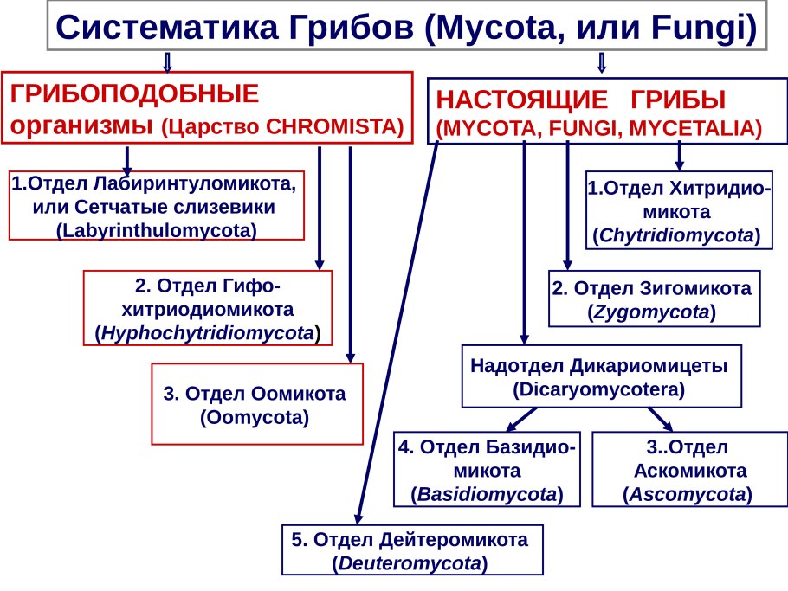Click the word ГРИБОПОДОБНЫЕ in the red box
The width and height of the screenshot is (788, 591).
tap(134, 93)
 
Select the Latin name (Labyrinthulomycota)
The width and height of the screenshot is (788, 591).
tap(157, 230)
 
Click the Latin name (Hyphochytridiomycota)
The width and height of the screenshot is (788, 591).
tap(207, 332)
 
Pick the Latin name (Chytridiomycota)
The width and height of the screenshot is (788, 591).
tap(678, 234)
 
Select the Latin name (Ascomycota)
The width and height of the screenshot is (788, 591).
tap(688, 494)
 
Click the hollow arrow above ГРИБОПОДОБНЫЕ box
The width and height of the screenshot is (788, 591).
tap(167, 61)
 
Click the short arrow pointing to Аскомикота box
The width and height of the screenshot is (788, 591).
tap(660, 418)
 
